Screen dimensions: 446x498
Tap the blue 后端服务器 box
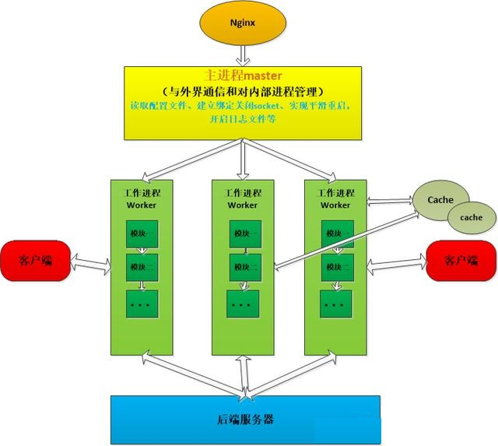coord(245,419)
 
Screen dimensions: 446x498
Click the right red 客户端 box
coord(460,259)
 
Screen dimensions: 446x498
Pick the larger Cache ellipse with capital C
coord(440,200)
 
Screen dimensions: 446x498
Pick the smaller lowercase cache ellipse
coord(471,217)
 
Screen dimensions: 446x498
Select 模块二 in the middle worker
coord(244,267)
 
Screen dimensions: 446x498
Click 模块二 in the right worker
coord(337,267)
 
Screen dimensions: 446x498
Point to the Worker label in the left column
coord(142,205)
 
